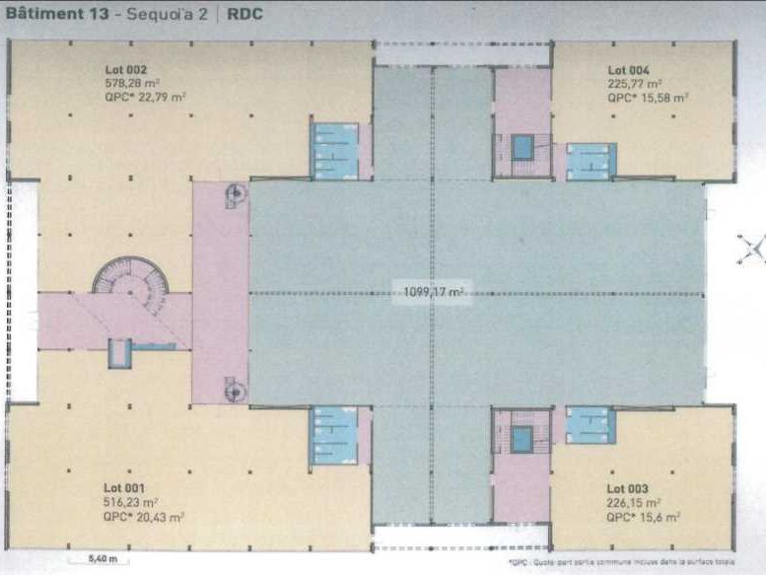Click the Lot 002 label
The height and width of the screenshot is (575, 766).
[125, 70]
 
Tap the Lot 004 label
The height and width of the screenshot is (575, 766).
[628, 70]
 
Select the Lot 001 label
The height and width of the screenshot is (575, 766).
[124, 488]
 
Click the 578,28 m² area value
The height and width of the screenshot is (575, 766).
[131, 83]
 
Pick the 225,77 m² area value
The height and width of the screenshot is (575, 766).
[634, 84]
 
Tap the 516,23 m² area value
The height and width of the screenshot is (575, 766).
[130, 501]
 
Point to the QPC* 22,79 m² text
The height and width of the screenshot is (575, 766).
[145, 97]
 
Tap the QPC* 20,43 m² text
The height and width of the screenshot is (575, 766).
[145, 515]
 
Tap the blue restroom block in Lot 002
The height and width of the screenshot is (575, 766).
[335, 151]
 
